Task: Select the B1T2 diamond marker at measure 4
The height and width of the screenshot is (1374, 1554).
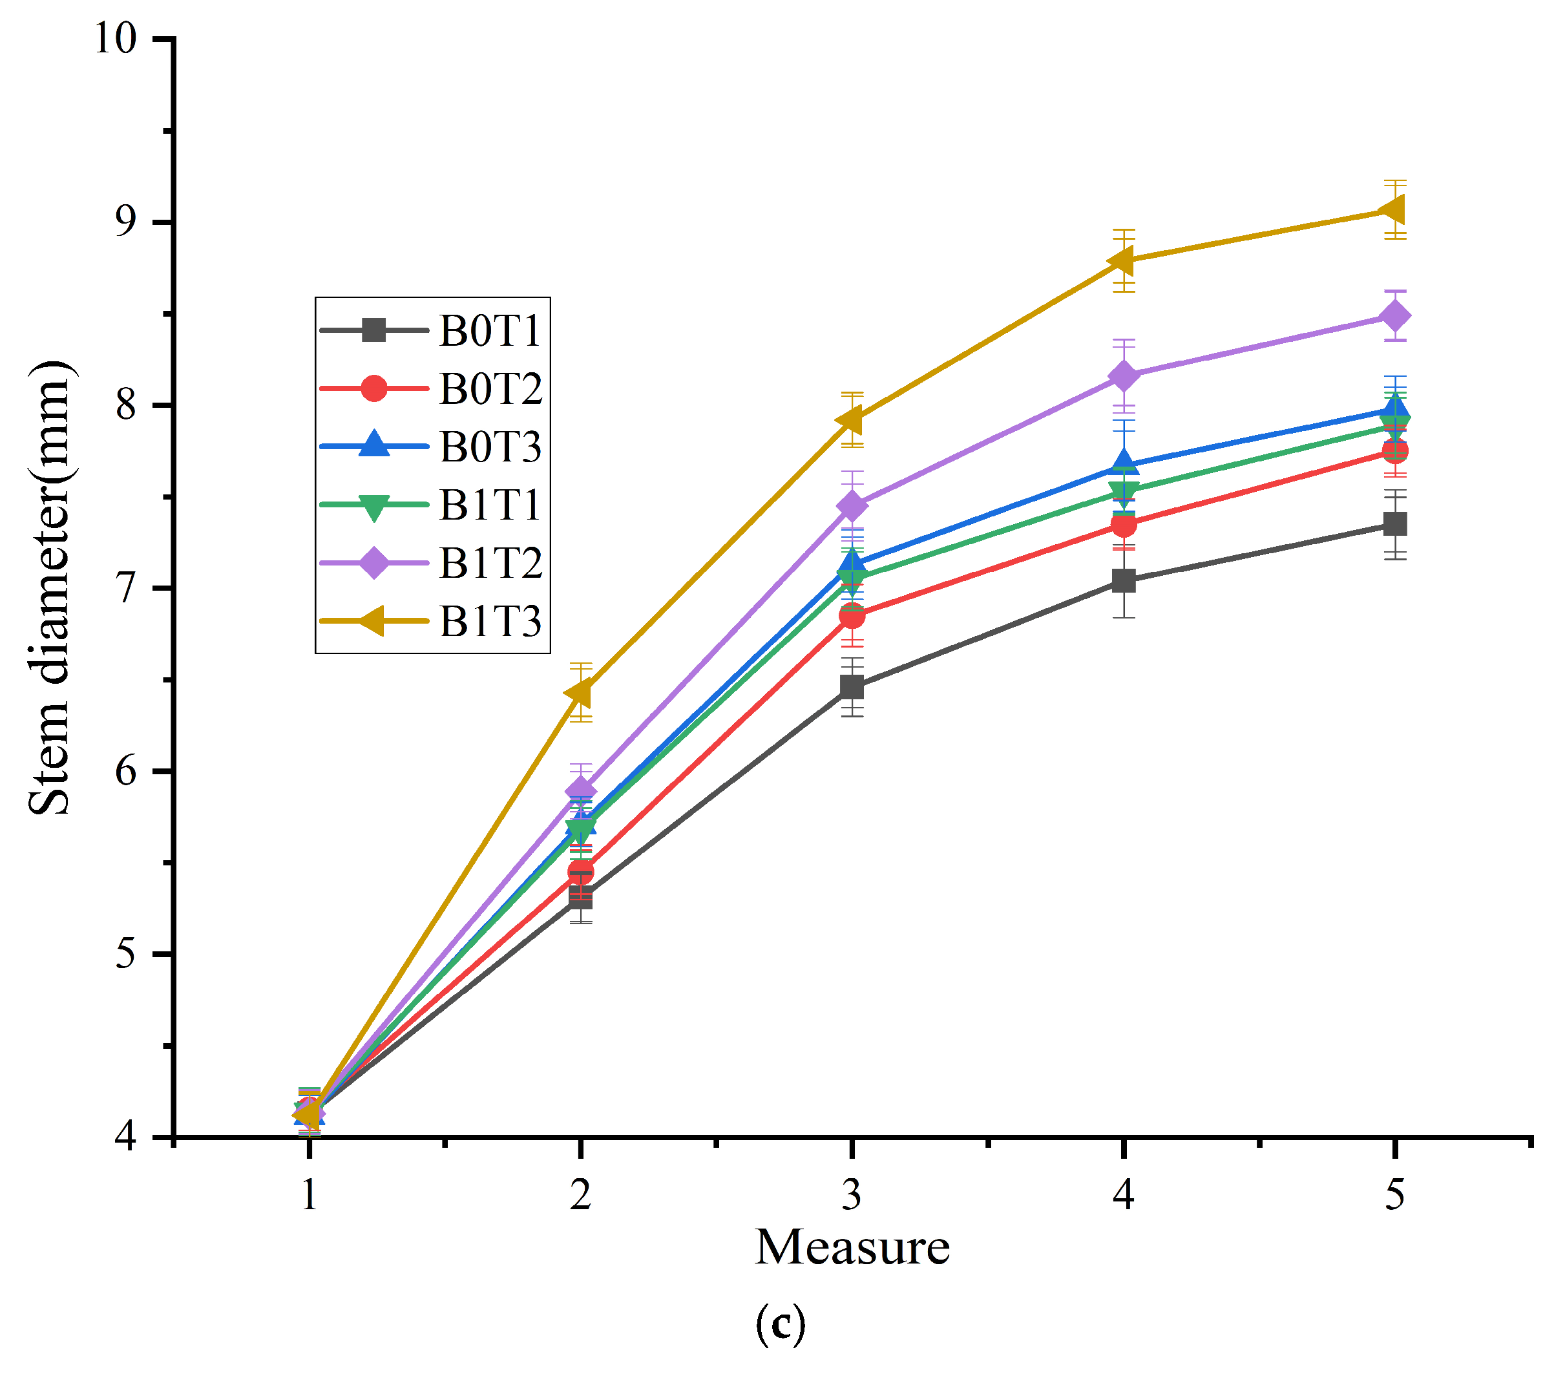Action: (1124, 376)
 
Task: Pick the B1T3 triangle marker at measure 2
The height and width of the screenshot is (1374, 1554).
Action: (580, 693)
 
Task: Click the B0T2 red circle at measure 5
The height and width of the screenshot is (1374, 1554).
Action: (1395, 451)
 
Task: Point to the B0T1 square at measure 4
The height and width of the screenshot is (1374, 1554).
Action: (1124, 582)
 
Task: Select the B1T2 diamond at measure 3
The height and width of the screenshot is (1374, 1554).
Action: (852, 505)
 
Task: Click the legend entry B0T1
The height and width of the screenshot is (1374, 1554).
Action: (490, 331)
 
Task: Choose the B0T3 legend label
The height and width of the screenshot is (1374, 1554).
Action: (490, 447)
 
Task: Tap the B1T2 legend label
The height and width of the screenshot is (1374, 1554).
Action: (490, 564)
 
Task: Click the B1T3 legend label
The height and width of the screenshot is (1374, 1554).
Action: (490, 621)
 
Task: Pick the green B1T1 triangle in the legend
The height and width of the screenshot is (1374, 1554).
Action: (373, 507)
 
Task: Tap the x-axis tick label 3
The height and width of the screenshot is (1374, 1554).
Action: (852, 1194)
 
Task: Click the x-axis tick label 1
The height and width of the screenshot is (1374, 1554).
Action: (309, 1194)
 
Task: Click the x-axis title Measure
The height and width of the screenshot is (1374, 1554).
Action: (852, 1248)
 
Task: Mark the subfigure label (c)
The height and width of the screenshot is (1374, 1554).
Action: (780, 1324)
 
